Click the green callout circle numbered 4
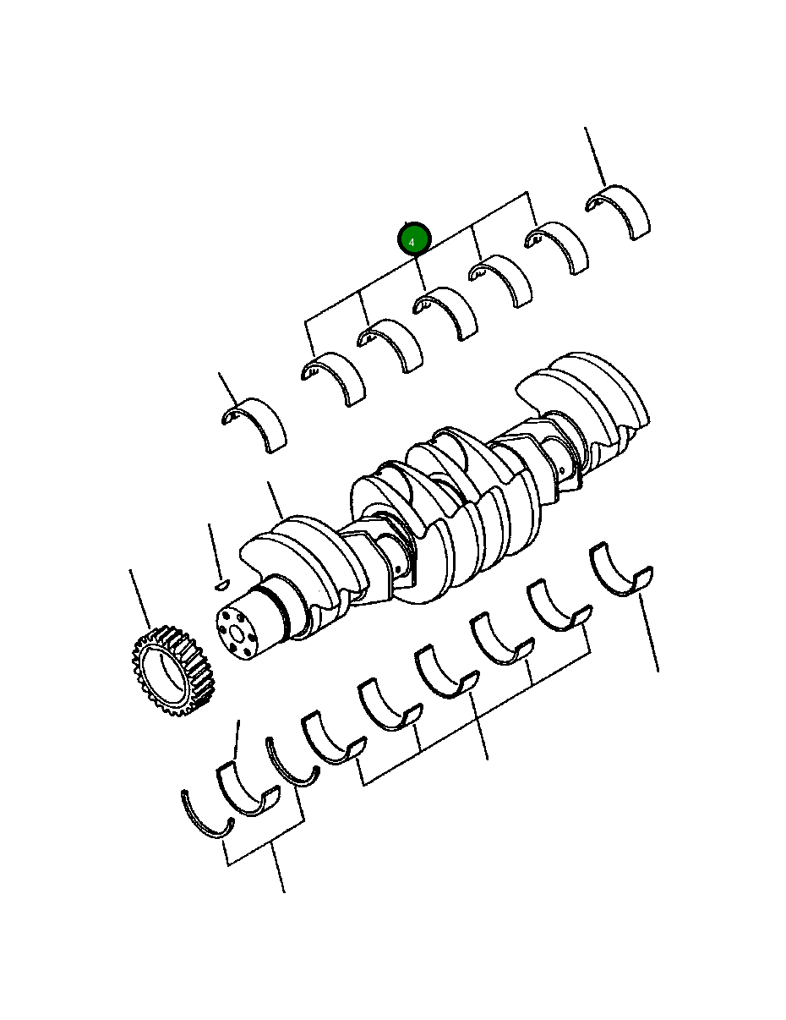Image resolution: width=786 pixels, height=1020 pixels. tap(414, 240)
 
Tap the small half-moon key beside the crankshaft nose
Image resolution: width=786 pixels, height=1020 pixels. tap(221, 584)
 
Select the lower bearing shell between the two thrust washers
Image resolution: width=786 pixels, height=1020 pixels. tap(246, 790)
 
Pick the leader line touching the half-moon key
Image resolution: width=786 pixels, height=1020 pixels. tap(214, 550)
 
